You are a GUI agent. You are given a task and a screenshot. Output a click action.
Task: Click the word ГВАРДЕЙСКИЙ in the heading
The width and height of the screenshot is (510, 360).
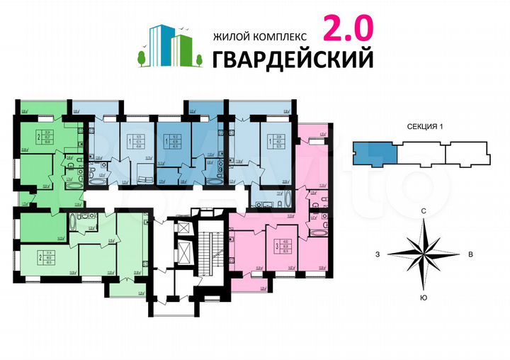click(x=293, y=60)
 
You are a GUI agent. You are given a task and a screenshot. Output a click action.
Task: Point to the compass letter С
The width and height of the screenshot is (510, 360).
click(x=423, y=211)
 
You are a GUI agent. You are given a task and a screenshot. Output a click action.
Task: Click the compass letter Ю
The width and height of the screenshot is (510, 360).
click(x=423, y=297)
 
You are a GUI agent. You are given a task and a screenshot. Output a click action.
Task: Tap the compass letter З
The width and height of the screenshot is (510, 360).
click(x=378, y=254)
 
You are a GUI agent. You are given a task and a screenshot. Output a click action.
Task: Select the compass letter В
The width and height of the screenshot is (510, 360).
click(x=470, y=254)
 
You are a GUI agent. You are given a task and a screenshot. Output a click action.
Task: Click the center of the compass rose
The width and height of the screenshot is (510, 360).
click(x=423, y=254)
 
